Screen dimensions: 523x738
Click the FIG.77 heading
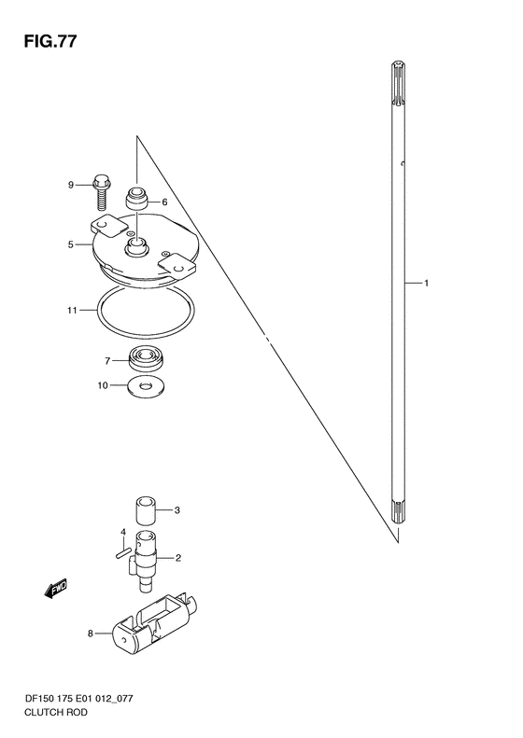pos(49,42)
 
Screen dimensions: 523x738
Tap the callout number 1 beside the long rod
pos(426,284)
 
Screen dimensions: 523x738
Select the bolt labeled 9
pos(101,192)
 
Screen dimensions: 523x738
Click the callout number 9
pos(71,185)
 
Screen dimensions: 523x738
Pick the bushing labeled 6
pos(136,198)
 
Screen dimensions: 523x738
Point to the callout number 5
pos(70,244)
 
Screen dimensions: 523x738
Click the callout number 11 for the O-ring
pos(72,310)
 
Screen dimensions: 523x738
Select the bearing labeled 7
pos(146,358)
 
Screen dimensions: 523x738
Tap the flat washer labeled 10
pos(146,386)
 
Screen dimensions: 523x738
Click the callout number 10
pos(103,385)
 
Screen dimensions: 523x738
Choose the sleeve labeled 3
pos(146,509)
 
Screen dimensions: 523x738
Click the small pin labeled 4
pos(123,553)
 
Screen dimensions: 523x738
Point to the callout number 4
pos(123,532)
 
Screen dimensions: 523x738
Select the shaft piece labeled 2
pos(144,560)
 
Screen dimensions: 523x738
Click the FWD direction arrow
pos(56,589)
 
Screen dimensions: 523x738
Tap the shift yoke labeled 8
pos(154,622)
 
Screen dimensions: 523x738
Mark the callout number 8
pos(91,634)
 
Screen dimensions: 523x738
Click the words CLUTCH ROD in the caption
pos(56,712)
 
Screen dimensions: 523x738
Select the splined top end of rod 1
pos(399,85)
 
